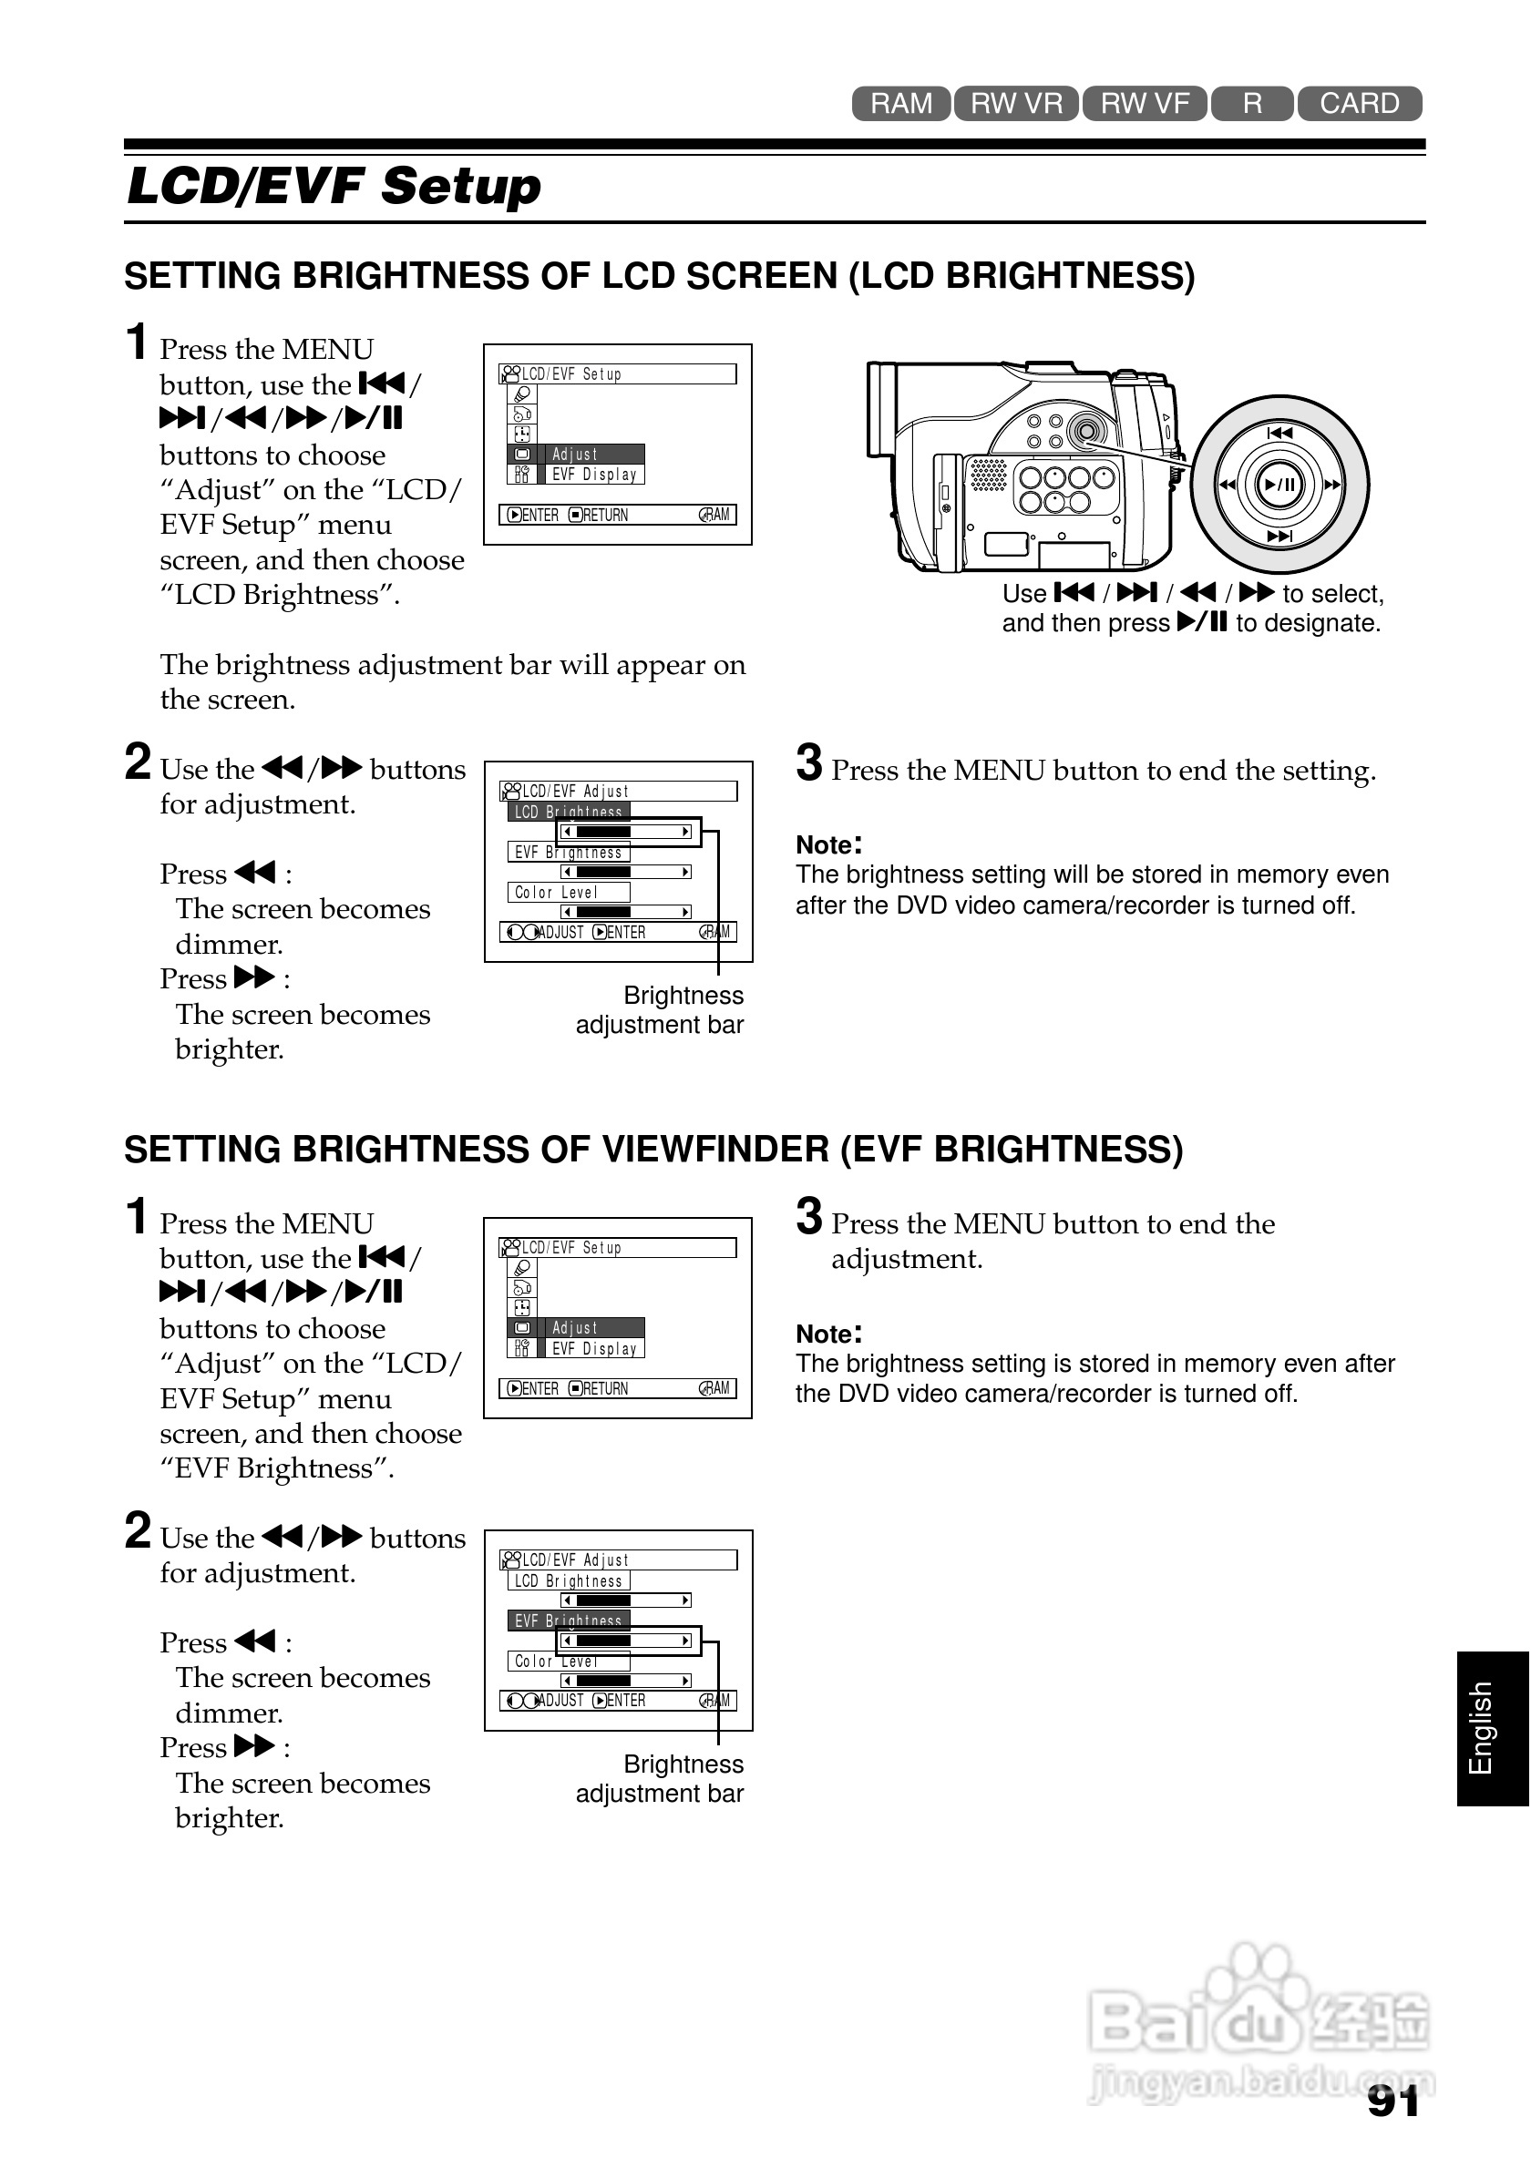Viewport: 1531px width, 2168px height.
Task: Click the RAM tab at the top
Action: [900, 104]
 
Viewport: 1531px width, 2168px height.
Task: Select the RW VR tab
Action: [1016, 104]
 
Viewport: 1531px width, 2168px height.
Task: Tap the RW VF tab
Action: [1144, 104]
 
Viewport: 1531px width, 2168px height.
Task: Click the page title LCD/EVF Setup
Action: [334, 186]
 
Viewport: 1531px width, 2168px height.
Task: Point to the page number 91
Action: [1393, 2102]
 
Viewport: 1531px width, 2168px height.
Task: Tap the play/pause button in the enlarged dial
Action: [1279, 485]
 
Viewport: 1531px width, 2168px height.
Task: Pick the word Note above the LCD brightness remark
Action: [825, 845]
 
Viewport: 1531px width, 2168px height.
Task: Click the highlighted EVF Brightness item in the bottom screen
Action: [568, 1621]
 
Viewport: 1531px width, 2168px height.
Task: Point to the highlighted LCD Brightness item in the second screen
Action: [568, 811]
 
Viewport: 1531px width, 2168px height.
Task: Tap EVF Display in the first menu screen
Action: [594, 475]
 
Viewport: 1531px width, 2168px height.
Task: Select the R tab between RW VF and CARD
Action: [1252, 104]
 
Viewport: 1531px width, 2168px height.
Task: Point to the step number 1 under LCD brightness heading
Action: [138, 342]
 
